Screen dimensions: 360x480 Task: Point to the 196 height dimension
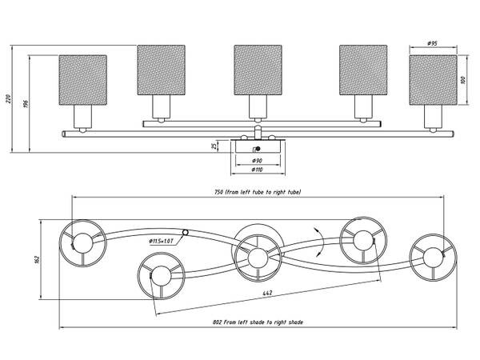click(x=26, y=103)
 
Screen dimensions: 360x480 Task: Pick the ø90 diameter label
click(x=258, y=161)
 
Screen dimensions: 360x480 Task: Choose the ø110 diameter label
click(x=258, y=170)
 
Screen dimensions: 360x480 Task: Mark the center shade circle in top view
click(x=258, y=256)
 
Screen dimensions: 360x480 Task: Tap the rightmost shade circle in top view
click(x=433, y=257)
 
